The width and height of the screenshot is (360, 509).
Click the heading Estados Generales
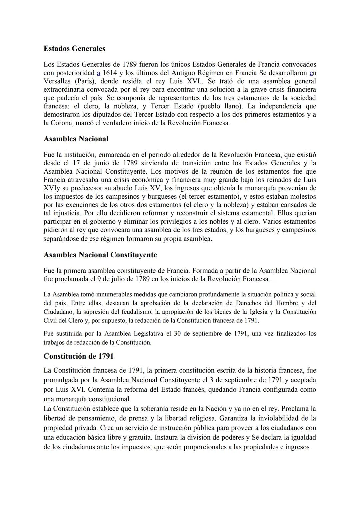click(74, 49)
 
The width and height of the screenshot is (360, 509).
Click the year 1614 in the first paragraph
click(110, 73)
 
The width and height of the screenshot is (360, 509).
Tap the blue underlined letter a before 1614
click(98, 73)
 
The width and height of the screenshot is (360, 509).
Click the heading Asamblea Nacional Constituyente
click(100, 255)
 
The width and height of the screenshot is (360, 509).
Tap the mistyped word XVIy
click(51, 188)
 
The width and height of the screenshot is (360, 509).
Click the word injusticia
click(66, 213)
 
